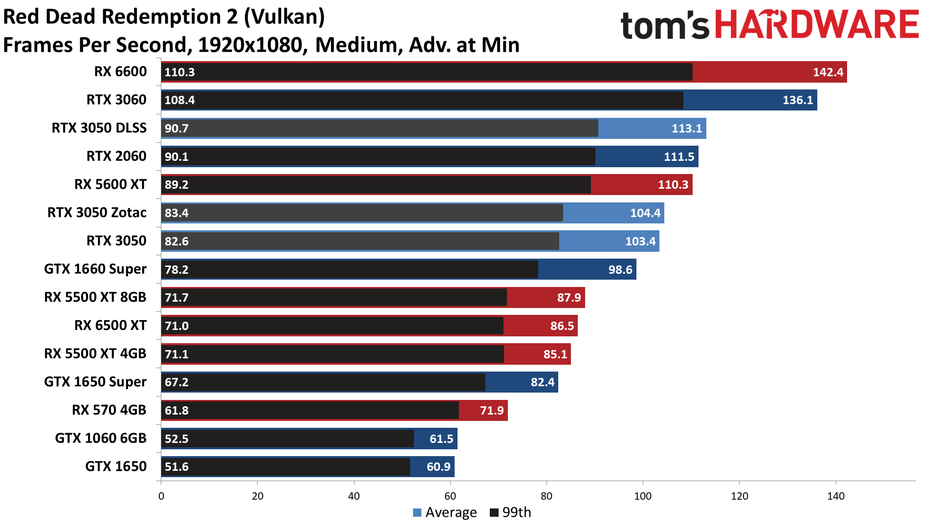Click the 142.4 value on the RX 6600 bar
coord(828,72)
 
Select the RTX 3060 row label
coord(116,100)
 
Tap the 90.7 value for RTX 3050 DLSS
coord(176,129)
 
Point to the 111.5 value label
coord(678,157)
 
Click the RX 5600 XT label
coord(110,184)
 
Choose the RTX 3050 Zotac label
coord(97,213)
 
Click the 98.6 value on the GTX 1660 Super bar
coord(620,270)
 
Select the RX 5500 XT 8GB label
coord(95,297)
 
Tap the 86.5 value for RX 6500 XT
coord(562,326)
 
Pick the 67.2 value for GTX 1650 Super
coord(176,382)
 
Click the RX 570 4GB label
coord(109,410)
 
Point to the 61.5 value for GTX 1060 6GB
coord(441,439)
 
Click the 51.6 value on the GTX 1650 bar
coord(176,467)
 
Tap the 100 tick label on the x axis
coord(642,496)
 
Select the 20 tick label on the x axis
coord(257,496)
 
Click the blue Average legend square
coord(417,513)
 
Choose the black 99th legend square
coord(494,513)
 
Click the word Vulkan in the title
coord(284,17)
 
